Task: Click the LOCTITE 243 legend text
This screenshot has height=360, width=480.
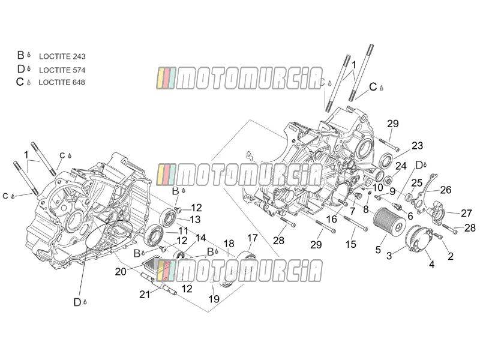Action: point(62,56)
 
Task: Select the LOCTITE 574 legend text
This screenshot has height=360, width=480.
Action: point(62,70)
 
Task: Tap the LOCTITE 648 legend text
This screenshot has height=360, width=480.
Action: point(62,82)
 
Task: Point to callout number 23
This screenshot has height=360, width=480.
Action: point(417,146)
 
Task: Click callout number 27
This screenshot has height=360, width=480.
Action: point(466,213)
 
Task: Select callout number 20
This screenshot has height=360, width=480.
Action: point(121,271)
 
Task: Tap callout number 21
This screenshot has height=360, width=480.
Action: point(145,295)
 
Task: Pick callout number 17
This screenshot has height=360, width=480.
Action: point(253,238)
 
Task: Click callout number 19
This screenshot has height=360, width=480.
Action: point(214,299)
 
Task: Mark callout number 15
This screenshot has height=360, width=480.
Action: point(351,244)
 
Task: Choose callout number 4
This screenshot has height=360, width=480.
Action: point(431,264)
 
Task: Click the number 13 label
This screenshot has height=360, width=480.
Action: point(194,220)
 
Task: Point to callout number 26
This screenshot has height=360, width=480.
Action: point(446,190)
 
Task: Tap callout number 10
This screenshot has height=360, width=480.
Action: point(378,187)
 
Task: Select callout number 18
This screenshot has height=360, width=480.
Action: point(229,244)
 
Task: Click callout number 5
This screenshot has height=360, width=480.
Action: point(378,250)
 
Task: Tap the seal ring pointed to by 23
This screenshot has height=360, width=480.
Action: point(386,161)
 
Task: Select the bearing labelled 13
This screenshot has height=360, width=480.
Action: point(168,217)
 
